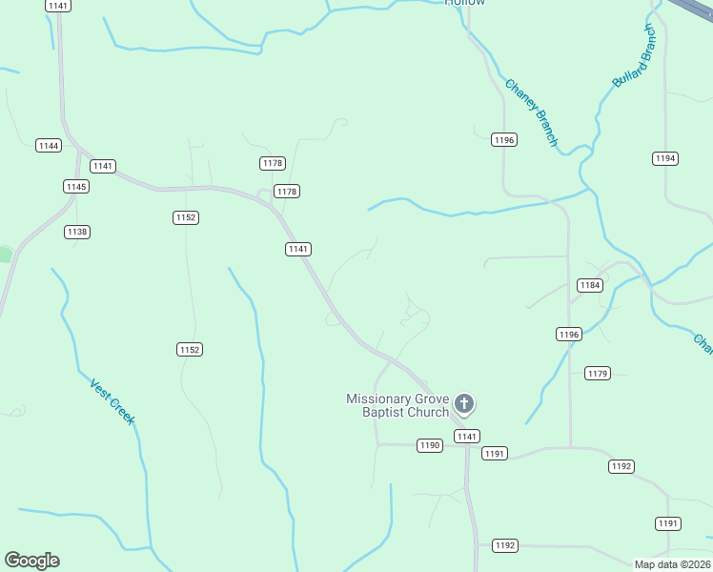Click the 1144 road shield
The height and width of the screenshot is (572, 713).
coord(49,145)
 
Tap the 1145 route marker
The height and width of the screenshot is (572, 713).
coord(76,186)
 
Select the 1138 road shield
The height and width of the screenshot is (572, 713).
coord(77,232)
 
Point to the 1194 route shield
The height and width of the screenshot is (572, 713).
coord(665,158)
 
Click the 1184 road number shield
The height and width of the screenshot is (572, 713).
coord(590,285)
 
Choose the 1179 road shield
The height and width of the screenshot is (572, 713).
coord(598,373)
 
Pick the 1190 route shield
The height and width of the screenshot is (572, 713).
coord(430,445)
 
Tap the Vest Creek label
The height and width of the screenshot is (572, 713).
coord(112,401)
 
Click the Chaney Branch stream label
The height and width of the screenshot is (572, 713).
coord(531,112)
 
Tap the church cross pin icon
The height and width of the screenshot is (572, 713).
coord(464,404)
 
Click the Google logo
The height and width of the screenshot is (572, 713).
coord(31,561)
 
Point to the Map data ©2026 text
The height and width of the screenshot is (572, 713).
coord(672,563)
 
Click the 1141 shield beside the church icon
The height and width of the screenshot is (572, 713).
coord(466,436)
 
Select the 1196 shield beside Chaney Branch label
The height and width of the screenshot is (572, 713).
coord(504,140)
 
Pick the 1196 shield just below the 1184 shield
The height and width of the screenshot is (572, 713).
coord(569,334)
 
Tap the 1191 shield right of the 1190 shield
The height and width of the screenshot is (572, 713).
coord(495,453)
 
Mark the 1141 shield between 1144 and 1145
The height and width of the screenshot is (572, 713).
coord(103,166)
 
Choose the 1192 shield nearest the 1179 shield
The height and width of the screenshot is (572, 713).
coord(621,466)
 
